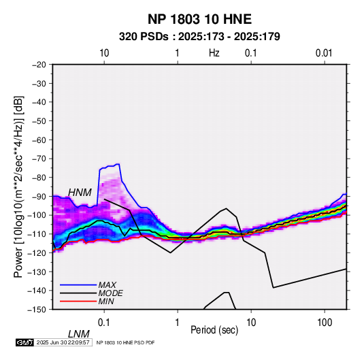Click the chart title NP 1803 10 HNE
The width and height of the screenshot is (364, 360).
click(x=199, y=19)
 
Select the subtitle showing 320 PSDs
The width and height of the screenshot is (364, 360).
click(x=199, y=37)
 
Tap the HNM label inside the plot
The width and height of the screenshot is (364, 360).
click(x=80, y=193)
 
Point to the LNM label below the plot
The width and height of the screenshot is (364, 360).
click(x=78, y=334)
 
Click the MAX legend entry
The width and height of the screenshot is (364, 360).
click(x=107, y=284)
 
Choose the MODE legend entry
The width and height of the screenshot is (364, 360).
click(x=110, y=293)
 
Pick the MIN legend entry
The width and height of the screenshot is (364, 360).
click(x=106, y=301)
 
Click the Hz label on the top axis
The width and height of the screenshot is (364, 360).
click(x=214, y=53)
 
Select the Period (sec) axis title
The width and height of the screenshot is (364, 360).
click(x=214, y=330)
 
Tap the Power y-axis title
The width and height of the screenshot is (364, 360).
click(x=18, y=186)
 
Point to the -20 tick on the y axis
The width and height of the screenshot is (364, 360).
click(x=39, y=65)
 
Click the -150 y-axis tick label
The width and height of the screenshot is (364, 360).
click(x=37, y=310)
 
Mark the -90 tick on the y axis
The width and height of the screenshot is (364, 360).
click(x=39, y=196)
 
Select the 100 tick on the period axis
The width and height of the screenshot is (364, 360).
click(x=325, y=323)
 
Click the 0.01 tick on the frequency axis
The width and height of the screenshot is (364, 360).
click(x=324, y=53)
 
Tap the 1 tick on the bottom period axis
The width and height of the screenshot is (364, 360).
click(x=178, y=323)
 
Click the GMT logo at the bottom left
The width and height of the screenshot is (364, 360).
click(x=25, y=342)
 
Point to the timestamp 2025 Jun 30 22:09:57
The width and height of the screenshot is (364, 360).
click(x=63, y=342)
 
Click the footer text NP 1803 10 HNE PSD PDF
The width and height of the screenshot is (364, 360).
click(x=125, y=342)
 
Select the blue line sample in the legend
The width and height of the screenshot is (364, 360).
click(x=78, y=285)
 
